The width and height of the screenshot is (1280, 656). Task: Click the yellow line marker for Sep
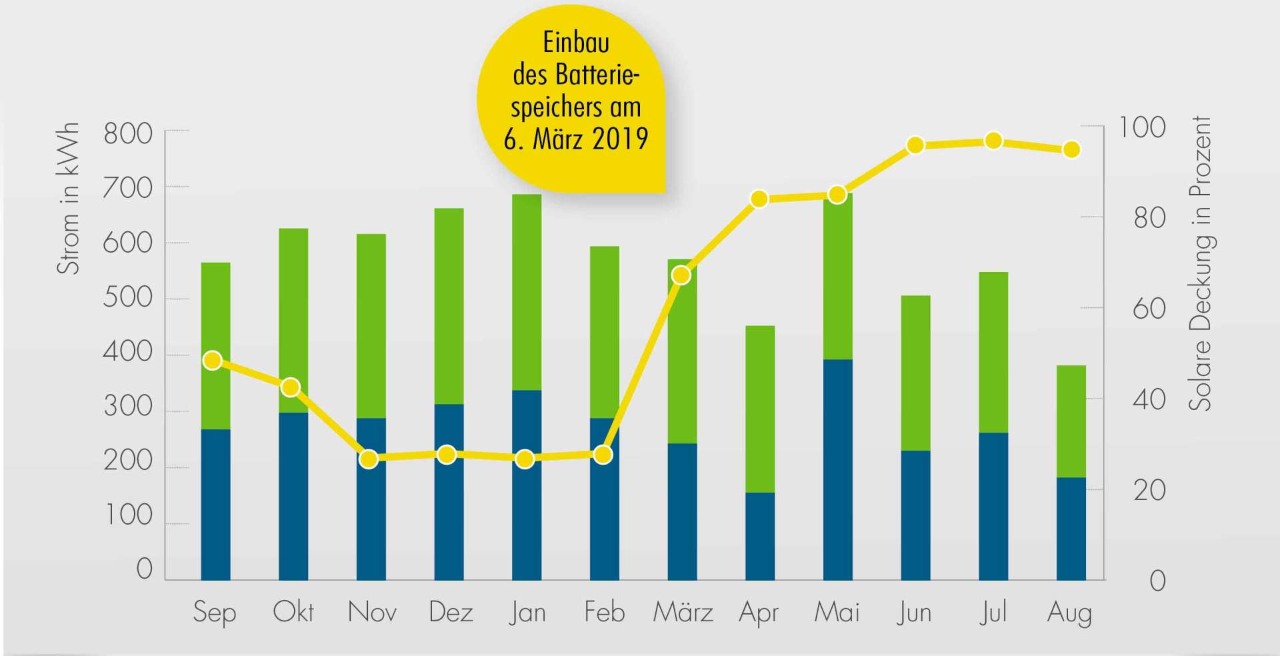coord(213,361)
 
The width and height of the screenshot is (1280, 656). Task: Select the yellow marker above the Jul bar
coord(993,141)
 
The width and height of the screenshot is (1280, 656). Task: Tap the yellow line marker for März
coord(681,275)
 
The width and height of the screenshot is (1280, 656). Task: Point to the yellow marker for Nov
coord(369,459)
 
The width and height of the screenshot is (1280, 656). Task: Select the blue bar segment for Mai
coord(838,469)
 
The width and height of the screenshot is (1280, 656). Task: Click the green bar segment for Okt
coord(293,320)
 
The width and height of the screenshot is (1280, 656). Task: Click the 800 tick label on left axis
coord(128,134)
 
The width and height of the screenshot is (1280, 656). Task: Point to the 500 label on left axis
coord(128,297)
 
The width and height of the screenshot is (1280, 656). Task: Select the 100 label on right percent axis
coord(1141,127)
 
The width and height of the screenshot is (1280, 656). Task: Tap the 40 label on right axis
coord(1149,400)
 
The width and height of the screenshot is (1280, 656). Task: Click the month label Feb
coord(604,612)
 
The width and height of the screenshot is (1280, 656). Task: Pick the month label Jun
coord(913,613)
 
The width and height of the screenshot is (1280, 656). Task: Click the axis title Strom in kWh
coord(68,199)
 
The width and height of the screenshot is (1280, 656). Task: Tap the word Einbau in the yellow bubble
coord(576,43)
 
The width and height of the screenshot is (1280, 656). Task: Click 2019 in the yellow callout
coord(619,139)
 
